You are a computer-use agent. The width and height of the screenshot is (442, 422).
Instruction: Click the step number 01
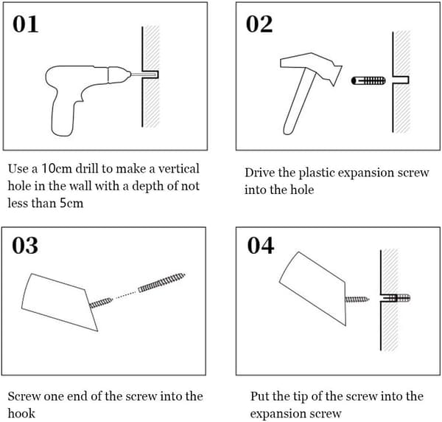coord(25,24)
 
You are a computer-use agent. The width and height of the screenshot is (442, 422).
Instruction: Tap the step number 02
coord(259,24)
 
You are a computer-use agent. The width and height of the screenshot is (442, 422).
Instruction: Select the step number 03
coord(25,245)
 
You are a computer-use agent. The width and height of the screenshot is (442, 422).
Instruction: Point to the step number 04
coord(261,245)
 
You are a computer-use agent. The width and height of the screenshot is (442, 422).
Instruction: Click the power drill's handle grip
coord(63,116)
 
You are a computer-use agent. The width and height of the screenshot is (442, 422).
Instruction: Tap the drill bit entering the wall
coord(143,75)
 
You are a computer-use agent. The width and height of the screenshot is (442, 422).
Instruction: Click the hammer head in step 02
coord(311,67)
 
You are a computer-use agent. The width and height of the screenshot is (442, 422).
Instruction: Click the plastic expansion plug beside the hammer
coord(368,80)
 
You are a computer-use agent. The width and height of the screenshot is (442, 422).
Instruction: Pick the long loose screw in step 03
coord(161,283)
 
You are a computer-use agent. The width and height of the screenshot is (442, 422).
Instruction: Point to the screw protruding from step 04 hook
coord(357,300)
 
